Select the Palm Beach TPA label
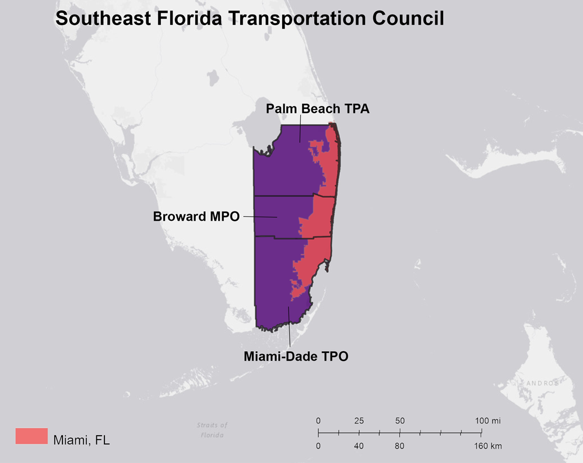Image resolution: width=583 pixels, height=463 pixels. coord(318,108)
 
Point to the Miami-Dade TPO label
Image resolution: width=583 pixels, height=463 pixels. coord(296,356)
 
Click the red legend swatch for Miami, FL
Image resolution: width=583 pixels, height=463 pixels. coord(31,436)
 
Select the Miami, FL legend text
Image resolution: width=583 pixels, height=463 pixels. coord(81,440)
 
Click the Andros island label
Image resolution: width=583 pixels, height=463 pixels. coord(542,383)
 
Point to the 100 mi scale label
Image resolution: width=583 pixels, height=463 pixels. coord(487,420)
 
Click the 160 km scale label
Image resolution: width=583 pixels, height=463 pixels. coord(487,446)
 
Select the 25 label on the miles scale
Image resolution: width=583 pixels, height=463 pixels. coord(359,420)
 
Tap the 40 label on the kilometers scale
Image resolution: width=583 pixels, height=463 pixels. coord(359,446)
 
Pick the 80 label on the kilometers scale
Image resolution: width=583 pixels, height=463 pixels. coord(399,446)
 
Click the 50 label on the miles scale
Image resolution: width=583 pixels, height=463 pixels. coord(399,420)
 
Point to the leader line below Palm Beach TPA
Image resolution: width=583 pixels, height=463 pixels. coord(300,128)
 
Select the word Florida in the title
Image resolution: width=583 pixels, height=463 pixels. coord(182,18)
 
